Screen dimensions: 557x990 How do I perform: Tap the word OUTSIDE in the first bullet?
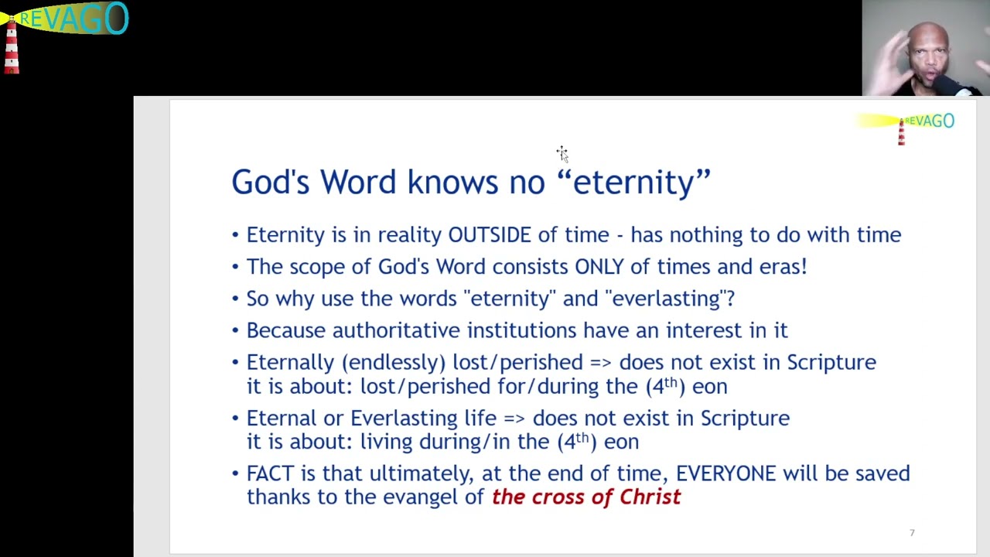pos(490,235)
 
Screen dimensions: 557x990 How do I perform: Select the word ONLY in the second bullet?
pos(599,267)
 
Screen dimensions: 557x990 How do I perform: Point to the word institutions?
pos(521,330)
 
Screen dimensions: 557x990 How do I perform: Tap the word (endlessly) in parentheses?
pos(394,363)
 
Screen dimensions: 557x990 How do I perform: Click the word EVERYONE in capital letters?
pos(725,473)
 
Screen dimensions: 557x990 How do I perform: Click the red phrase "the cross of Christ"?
pos(586,497)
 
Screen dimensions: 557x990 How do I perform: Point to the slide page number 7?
pos(912,532)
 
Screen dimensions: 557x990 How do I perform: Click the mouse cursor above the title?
pos(562,153)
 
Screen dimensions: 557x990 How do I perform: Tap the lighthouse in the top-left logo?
pos(11,46)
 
